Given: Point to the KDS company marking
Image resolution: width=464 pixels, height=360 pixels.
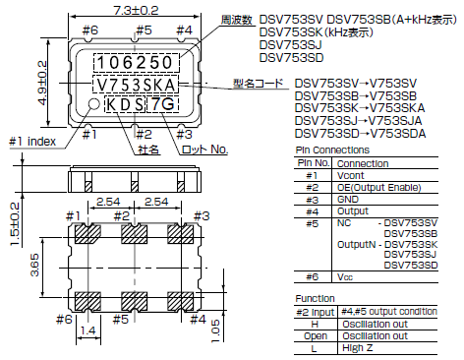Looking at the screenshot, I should pyautogui.click(x=126, y=104).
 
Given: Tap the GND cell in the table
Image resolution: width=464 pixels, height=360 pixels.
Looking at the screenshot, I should pyautogui.click(x=348, y=199).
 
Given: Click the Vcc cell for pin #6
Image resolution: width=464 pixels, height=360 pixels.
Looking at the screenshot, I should pyautogui.click(x=345, y=278).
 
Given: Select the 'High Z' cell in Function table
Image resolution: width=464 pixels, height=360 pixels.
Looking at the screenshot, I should pyautogui.click(x=354, y=347).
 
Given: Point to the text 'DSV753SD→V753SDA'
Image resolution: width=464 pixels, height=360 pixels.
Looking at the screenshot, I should pyautogui.click(x=360, y=133).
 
